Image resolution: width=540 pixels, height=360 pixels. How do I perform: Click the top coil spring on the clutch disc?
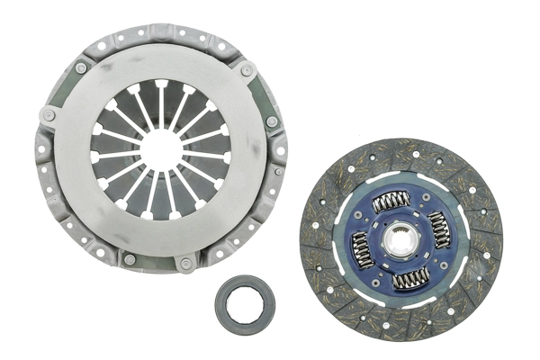click(391, 202)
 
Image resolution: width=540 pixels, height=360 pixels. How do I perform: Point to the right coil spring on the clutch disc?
click(440, 229)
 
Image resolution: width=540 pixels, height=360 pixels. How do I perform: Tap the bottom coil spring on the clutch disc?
click(410, 278)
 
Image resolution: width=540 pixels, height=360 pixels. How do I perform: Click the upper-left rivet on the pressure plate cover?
click(81, 67)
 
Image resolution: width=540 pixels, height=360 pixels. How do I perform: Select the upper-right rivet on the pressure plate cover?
click(246, 70)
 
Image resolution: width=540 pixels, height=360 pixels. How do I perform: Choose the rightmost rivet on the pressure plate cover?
click(272, 121)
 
